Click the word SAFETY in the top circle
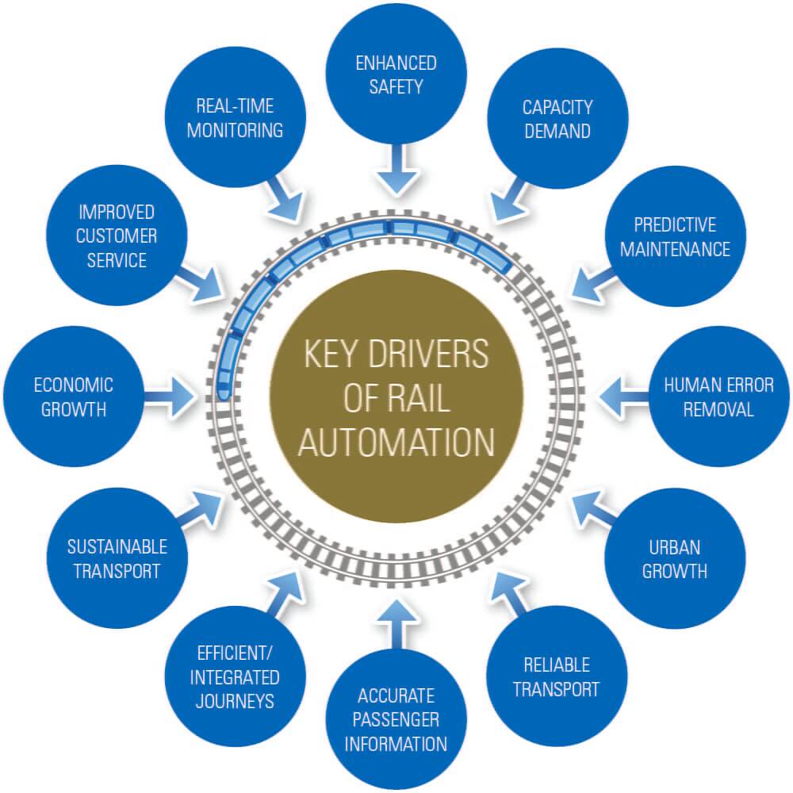point(396,87)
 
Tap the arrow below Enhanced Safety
point(397,170)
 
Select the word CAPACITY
point(557,107)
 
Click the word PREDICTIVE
point(675,225)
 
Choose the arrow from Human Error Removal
point(624,396)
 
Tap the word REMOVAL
point(718,410)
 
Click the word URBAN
point(675,547)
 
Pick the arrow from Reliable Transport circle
point(510,592)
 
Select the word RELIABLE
point(557,665)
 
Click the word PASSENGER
point(396,720)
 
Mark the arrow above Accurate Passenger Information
point(397,624)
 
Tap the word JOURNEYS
point(235,702)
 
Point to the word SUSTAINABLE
point(117,546)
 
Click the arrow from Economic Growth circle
point(170,396)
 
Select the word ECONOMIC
point(74,385)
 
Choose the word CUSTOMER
point(117,236)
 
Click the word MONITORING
point(235,131)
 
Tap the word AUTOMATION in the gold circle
point(396,442)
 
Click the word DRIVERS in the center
point(428,354)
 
